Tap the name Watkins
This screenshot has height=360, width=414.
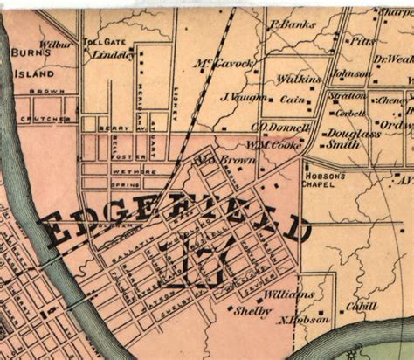point(299,80)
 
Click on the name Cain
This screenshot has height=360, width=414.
point(293,100)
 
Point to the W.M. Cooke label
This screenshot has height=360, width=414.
point(273,143)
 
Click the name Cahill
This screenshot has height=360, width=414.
point(361,306)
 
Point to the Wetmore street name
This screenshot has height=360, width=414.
point(127,172)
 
